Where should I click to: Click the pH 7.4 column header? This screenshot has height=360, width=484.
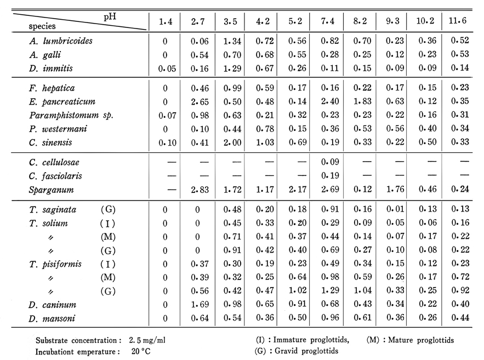(327, 21)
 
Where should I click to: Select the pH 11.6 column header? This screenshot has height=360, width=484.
(458, 21)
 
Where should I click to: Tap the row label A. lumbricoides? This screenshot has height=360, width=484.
(61, 41)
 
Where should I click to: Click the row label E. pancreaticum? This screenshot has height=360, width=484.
(62, 101)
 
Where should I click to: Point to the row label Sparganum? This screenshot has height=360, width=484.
(51, 190)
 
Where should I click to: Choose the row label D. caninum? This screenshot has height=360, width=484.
(52, 305)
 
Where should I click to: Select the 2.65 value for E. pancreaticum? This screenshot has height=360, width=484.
(200, 102)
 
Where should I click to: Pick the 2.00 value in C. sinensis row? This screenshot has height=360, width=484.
(232, 142)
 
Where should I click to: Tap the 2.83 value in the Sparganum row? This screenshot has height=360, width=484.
(200, 190)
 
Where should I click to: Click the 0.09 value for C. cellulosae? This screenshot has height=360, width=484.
(330, 162)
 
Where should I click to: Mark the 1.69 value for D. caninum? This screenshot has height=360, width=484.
(200, 305)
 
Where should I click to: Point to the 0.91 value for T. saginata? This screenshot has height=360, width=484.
(331, 209)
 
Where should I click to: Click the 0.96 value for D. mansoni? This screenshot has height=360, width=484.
(331, 318)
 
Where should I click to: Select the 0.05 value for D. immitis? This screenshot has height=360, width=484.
(167, 68)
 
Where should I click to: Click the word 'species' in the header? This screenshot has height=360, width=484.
(42, 26)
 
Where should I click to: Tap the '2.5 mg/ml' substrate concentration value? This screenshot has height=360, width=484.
(147, 340)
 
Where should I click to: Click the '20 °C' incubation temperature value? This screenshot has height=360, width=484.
(141, 351)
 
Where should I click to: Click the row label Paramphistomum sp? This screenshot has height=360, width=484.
(71, 115)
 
